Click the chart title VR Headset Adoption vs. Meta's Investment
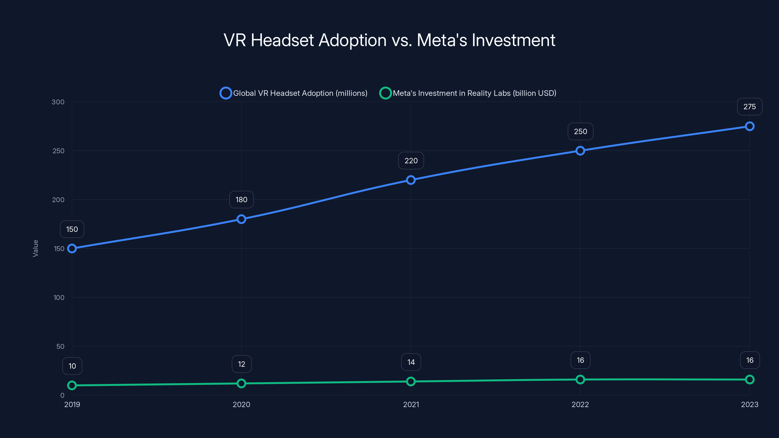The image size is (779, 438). tap(389, 40)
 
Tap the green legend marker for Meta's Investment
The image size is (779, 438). tap(385, 93)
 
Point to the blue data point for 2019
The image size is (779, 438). tap(72, 248)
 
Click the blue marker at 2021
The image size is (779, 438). tap(411, 180)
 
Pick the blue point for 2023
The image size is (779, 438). tap(749, 126)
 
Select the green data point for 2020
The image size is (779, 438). tap(241, 383)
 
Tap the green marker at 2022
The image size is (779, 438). tap(580, 379)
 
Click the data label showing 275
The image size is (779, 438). tap(749, 107)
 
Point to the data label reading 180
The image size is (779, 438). tap(241, 200)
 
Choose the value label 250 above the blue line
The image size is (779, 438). tap(580, 131)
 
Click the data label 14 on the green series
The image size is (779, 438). tap(411, 362)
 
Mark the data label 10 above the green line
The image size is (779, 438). tap(72, 366)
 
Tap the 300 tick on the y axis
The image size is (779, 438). tap(58, 102)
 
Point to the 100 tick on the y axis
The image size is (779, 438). tap(59, 297)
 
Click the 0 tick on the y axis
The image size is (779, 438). tap(62, 395)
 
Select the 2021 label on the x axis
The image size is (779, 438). tap(411, 404)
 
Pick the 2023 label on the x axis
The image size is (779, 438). tap(749, 404)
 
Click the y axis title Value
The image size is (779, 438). tap(35, 248)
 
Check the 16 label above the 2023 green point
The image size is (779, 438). tap(749, 360)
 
